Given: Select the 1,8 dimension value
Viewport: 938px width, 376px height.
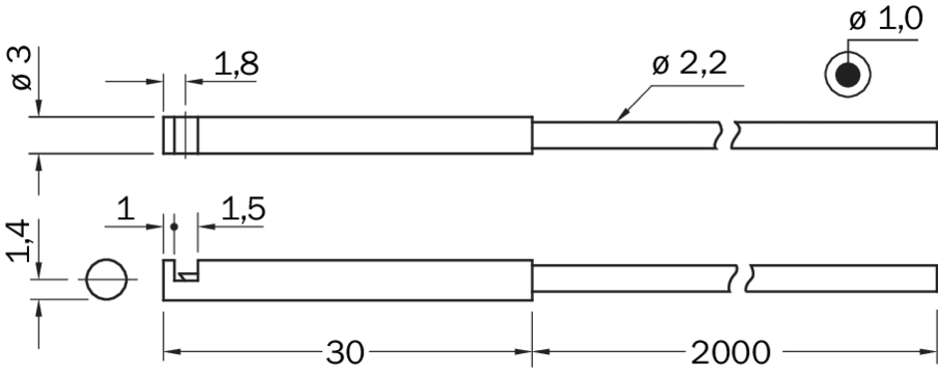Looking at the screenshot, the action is pos(236,64).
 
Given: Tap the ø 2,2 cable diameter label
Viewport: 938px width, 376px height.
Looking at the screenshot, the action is pos(690,65).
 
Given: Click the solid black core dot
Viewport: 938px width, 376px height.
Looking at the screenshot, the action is pos(847,76).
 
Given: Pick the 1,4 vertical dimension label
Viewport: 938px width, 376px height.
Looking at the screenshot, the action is pos(20,240).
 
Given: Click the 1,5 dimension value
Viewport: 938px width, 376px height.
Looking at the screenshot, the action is pos(243,209).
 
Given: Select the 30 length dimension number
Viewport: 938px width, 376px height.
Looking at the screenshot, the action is pos(344,353).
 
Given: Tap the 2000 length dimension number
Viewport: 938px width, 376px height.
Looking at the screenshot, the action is pos(730,353).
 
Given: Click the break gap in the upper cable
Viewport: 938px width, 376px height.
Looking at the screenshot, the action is pos(725,135).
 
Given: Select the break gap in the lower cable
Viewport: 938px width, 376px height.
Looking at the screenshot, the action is pos(740,278).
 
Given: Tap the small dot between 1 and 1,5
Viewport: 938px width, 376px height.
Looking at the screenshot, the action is pos(174,226).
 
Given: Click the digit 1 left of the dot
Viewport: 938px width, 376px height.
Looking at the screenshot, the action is pos(126,209).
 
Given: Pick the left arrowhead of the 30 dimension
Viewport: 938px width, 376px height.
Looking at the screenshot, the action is pos(172,351).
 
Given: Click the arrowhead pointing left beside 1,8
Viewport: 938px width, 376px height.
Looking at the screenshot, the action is pos(194,81).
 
